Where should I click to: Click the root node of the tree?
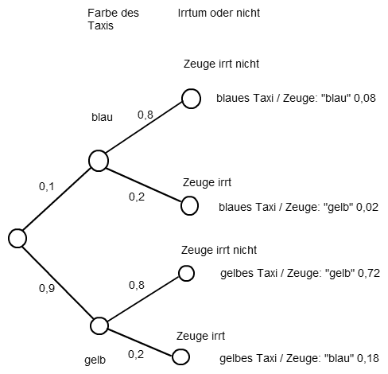tap(17, 238)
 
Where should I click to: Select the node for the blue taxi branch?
tap(99, 161)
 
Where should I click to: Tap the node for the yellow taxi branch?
tap(99, 325)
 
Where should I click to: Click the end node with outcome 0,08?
tap(191, 99)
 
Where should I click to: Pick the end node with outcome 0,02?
tap(189, 206)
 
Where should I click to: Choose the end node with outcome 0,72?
tap(186, 274)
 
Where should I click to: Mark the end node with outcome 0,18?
tap(180, 356)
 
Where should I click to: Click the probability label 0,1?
tap(46, 186)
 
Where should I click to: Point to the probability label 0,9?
tap(47, 288)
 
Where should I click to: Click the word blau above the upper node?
tap(102, 117)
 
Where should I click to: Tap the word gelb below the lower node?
tap(95, 360)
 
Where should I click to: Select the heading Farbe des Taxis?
tap(113, 19)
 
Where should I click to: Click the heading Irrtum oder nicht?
tap(219, 13)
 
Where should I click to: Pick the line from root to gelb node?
tap(57, 282)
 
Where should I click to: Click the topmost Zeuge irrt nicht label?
tap(221, 64)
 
